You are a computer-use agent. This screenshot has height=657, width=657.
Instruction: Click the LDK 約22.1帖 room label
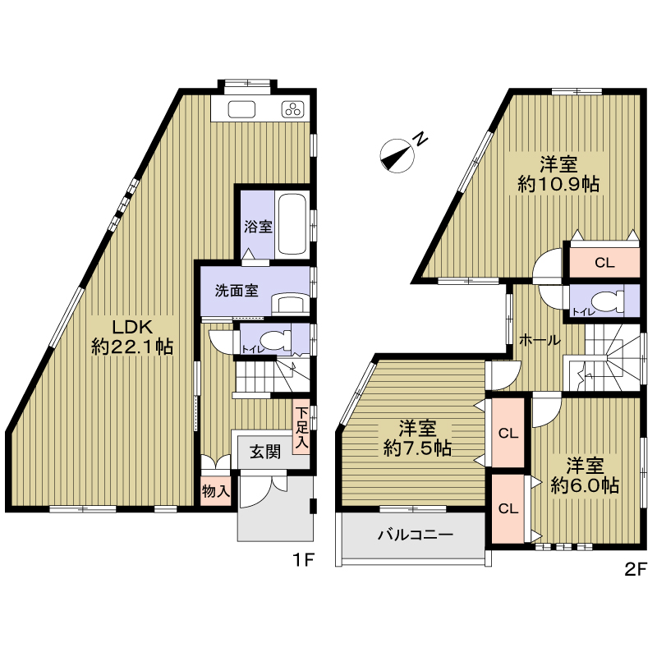point(132,337)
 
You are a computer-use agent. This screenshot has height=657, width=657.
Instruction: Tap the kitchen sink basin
point(241,109)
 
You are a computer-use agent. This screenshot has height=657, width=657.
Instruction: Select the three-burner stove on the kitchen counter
point(292,109)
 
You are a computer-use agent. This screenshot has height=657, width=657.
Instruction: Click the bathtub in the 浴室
point(292,223)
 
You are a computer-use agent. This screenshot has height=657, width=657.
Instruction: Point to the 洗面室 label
point(237,291)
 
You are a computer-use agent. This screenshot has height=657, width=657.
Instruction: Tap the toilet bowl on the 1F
point(277,339)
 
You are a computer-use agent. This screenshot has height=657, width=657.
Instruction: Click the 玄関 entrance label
point(265,452)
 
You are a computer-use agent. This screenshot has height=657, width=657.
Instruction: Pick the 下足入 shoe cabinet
point(301,427)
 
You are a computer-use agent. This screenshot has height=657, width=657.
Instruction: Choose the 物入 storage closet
point(216,490)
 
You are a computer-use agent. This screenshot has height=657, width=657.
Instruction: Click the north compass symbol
point(397,155)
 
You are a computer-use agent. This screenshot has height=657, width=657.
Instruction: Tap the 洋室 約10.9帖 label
point(558,173)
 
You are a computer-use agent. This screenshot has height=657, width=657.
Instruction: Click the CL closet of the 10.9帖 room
point(604,262)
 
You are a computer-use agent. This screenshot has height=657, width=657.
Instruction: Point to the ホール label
point(540,340)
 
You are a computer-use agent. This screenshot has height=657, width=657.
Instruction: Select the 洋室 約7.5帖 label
point(417,439)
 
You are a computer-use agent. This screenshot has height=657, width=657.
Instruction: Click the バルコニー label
point(416,535)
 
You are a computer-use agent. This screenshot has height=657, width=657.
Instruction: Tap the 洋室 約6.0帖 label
point(585,476)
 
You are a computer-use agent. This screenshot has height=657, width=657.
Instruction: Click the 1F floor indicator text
point(303,560)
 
